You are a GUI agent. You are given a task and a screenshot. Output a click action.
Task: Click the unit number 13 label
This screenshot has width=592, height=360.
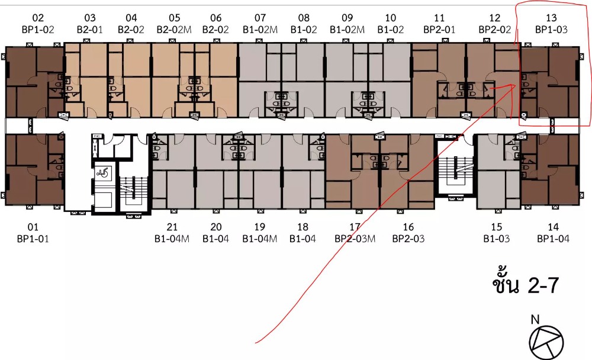551,18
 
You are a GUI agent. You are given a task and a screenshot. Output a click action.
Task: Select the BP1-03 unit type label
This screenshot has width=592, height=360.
551,30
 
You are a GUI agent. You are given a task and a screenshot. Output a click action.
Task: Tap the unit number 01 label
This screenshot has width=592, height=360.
33,227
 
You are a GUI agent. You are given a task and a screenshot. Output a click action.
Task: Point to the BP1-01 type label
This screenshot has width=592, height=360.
33,239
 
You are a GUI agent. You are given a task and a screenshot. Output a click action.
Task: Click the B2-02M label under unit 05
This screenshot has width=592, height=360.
174,30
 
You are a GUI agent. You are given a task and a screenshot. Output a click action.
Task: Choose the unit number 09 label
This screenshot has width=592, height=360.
347,18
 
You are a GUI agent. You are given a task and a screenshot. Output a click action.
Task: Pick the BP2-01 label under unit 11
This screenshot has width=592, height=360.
439,30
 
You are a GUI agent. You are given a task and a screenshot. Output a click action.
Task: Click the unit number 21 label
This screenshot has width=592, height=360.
172,227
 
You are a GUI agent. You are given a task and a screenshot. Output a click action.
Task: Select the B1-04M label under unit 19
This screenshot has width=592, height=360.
260,239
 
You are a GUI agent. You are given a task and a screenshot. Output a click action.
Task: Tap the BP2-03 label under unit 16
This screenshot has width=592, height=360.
408,239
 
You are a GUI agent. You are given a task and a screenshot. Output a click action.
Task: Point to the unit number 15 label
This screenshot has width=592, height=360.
497,227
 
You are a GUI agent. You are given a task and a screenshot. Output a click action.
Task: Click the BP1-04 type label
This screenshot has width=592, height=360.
553,239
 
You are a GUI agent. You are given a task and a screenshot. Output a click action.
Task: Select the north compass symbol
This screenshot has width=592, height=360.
546,343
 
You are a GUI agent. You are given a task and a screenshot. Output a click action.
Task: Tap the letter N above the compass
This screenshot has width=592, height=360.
535,320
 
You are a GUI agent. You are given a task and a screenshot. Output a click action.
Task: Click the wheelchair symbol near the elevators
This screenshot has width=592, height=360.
102,173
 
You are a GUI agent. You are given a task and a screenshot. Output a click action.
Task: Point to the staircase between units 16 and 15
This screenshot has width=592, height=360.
456,172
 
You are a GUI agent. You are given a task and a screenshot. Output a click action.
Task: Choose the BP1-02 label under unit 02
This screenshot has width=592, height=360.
38,30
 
